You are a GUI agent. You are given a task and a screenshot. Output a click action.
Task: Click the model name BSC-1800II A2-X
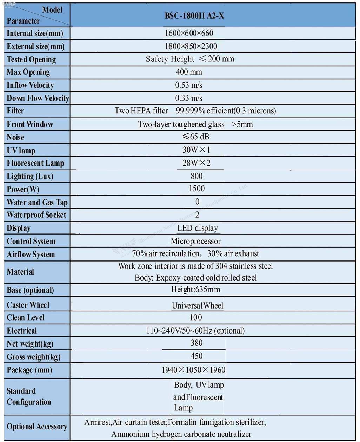click(194, 16)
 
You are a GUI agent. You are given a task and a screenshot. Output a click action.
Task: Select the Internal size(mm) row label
click(35, 33)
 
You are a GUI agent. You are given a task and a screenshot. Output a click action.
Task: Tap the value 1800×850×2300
click(191, 46)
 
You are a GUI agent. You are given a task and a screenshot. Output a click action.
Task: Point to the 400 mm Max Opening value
click(189, 72)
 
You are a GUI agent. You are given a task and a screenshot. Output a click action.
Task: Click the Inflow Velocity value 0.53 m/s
click(189, 85)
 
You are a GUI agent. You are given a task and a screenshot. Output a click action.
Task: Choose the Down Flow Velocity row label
click(38, 98)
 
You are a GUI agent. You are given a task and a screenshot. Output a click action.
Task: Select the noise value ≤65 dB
click(196, 137)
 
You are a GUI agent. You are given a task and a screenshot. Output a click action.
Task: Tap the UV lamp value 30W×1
click(196, 150)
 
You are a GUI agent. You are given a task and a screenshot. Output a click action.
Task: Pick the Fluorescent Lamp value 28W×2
click(196, 163)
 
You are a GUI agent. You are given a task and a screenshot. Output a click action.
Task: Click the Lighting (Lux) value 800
click(196, 176)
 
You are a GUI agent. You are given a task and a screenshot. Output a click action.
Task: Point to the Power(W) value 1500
click(196, 189)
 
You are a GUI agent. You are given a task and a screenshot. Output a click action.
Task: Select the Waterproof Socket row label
click(36, 215)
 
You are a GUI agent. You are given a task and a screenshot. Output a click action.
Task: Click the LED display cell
click(198, 228)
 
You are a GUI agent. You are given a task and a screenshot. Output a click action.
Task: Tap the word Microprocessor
click(196, 241)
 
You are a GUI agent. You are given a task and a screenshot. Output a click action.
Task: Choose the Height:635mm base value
click(196, 290)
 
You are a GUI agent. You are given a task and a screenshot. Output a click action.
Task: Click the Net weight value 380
click(196, 343)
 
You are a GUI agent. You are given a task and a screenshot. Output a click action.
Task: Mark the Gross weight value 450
click(196, 356)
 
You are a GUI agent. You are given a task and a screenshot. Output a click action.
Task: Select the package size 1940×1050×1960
click(193, 370)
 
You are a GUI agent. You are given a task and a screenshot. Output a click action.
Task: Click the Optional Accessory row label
click(37, 427)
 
